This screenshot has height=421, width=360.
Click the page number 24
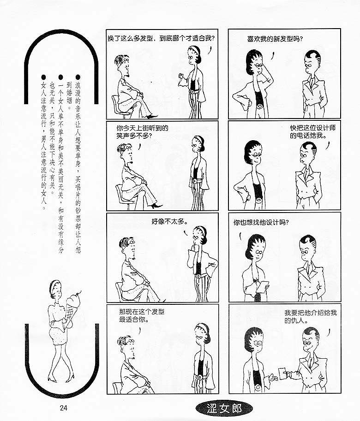[x=63, y=408]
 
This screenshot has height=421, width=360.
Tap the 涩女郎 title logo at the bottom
[x=224, y=409]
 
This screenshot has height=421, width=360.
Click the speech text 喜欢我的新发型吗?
[x=275, y=39]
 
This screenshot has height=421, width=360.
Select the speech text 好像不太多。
[x=170, y=221]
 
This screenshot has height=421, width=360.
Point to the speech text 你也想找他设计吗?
[x=261, y=222]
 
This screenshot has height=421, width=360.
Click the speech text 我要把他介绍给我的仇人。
[x=310, y=316]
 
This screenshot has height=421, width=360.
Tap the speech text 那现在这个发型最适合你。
[x=142, y=315]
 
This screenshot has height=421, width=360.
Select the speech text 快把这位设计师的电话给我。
[x=312, y=131]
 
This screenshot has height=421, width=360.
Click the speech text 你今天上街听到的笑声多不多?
[x=142, y=131]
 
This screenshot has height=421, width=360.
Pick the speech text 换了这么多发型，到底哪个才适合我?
[x=161, y=38]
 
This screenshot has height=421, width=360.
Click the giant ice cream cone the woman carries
[x=72, y=306]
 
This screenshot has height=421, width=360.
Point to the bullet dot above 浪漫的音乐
[x=78, y=77]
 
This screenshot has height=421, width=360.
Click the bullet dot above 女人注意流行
[x=44, y=77]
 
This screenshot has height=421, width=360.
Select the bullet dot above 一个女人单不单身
[x=61, y=77]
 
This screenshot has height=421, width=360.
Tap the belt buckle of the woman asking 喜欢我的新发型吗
[x=259, y=106]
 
